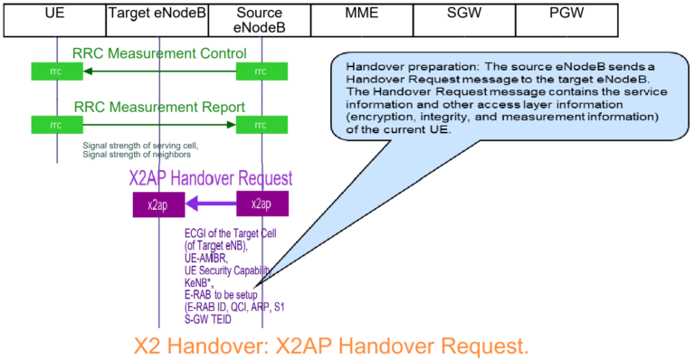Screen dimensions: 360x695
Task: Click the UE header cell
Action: tap(53, 17)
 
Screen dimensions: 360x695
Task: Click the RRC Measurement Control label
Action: tap(160, 52)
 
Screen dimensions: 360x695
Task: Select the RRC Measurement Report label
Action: tap(159, 107)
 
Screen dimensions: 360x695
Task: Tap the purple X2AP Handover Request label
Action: tap(211, 177)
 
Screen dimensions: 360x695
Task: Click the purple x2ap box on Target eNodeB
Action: tap(157, 204)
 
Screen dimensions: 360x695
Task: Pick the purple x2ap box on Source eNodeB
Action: tap(262, 204)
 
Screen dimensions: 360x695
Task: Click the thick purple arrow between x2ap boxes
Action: tap(210, 204)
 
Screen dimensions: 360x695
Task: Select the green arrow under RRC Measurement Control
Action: tap(159, 71)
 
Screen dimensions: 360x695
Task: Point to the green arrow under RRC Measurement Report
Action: tap(159, 124)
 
